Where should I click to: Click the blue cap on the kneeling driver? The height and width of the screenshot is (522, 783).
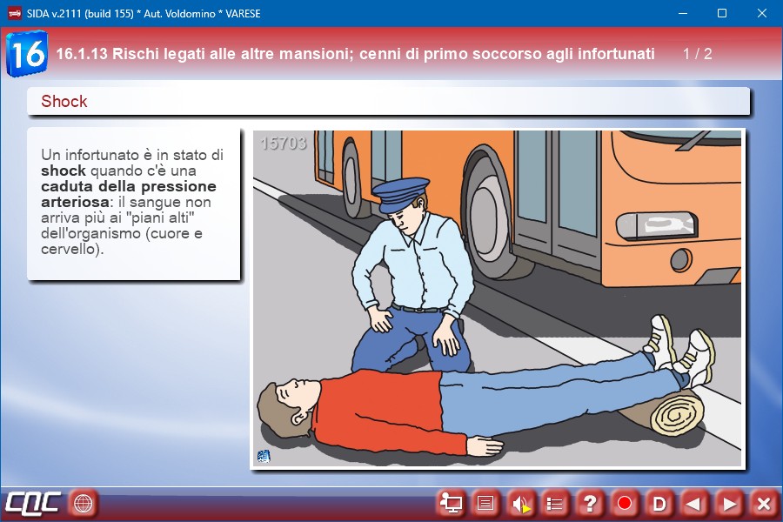click(x=400, y=194)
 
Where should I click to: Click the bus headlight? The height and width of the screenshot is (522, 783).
click(x=656, y=224)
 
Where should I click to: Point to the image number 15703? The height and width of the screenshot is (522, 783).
click(x=283, y=144)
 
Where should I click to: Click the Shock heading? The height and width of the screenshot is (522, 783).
click(x=64, y=102)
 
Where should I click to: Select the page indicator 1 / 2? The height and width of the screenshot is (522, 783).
click(x=697, y=54)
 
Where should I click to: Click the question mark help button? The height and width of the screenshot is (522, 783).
click(x=590, y=504)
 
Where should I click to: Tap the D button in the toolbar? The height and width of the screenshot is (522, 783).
click(x=659, y=504)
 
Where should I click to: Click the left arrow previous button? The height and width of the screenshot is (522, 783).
click(x=693, y=504)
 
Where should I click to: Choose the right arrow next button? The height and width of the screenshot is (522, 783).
click(x=728, y=504)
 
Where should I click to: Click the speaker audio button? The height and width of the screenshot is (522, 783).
click(x=520, y=504)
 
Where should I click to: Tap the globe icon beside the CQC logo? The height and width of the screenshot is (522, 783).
click(x=83, y=503)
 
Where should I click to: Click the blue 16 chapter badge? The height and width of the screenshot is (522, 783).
click(x=27, y=53)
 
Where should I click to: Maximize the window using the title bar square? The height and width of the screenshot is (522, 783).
click(x=722, y=14)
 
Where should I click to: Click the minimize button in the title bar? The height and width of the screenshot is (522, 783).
click(x=683, y=14)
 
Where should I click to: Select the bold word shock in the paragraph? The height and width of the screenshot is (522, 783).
click(x=64, y=171)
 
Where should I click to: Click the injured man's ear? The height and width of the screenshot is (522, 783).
click(x=300, y=417)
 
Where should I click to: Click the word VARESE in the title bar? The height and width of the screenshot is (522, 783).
click(x=243, y=14)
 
